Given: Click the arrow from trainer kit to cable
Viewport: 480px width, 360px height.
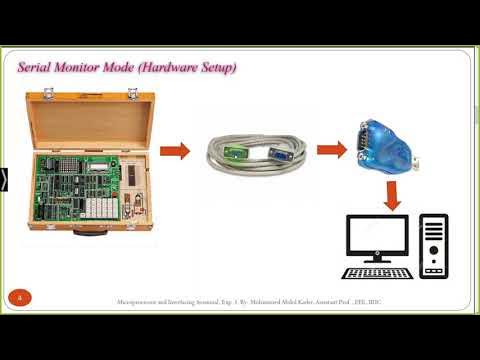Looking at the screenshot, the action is (175, 152).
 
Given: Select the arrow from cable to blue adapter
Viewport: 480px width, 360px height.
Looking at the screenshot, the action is (331, 152).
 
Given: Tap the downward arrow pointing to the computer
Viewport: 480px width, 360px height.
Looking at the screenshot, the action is (392, 195).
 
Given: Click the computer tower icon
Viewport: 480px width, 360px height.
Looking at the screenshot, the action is (434, 246).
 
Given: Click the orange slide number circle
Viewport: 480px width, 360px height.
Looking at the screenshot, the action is (19, 297).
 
